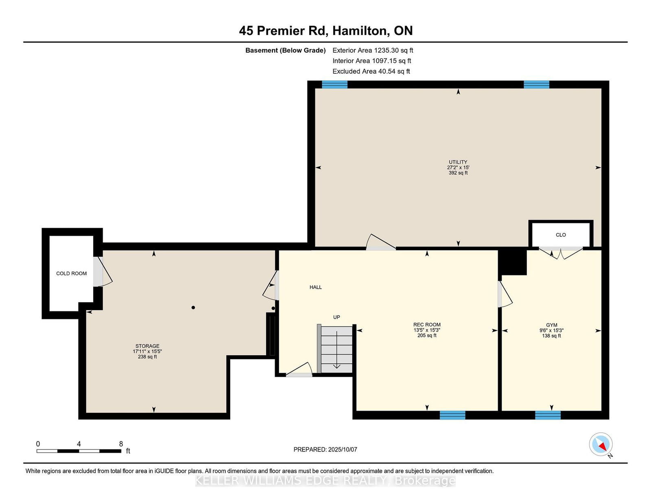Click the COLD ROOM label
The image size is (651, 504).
click(71, 274)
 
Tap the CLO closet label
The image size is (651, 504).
click(561, 235)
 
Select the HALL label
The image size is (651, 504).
click(315, 287)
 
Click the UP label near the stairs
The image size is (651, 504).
click(336, 317)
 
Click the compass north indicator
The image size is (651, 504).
click(601, 445)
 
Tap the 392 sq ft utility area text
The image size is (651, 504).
click(458, 173)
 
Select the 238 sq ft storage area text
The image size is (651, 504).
click(147, 357)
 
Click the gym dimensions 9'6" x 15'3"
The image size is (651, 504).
click(552, 330)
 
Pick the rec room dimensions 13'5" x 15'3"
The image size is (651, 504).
click(427, 330)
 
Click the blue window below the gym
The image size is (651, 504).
click(548, 415)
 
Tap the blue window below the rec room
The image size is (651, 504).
click(452, 415)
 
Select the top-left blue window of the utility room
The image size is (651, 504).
click(334, 85)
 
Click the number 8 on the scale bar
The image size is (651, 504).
click(121, 444)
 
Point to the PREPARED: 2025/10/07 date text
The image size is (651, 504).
click(325, 450)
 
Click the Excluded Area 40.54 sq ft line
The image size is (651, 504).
click(371, 71)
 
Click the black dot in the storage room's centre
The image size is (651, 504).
click(193, 308)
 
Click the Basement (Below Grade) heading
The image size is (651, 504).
click(286, 51)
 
